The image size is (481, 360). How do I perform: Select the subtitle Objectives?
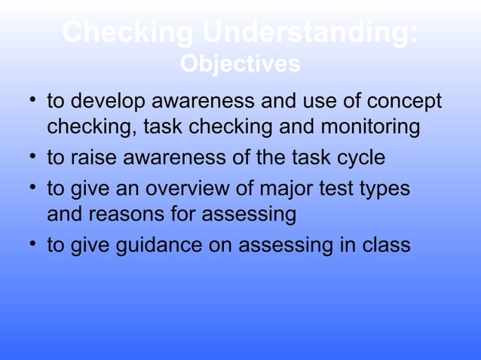(240, 65)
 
